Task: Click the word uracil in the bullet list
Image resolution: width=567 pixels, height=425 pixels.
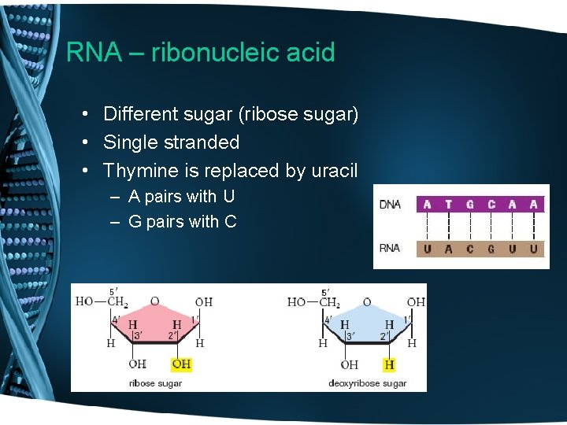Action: coord(335,171)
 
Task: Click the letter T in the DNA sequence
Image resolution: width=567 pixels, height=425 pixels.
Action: coord(449,205)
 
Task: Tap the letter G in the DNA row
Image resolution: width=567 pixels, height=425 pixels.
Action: coord(470,205)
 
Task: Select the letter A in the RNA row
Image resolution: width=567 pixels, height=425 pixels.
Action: coord(449,249)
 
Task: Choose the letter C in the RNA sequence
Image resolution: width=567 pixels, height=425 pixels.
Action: coord(470,249)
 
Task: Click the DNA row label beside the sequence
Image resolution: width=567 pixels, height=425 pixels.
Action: coord(391,205)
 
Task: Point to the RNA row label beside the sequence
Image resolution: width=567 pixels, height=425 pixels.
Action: coord(391,249)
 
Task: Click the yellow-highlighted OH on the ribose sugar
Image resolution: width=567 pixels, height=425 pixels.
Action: coord(181,364)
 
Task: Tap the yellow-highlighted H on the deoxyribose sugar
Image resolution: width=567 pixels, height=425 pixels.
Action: coord(389,364)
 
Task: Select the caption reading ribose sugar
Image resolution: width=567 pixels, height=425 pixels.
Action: coord(155,383)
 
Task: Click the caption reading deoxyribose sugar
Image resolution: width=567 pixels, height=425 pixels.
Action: coord(367,383)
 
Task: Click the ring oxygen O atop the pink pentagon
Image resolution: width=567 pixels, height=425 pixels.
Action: coord(154,301)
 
